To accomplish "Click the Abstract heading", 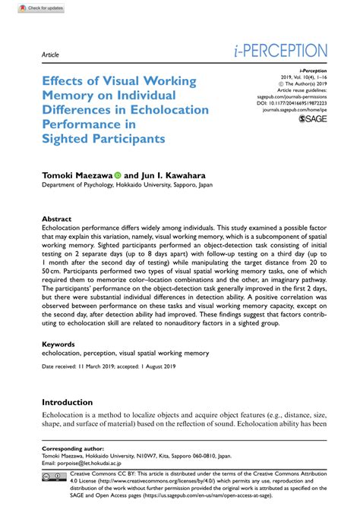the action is tap(56, 217).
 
